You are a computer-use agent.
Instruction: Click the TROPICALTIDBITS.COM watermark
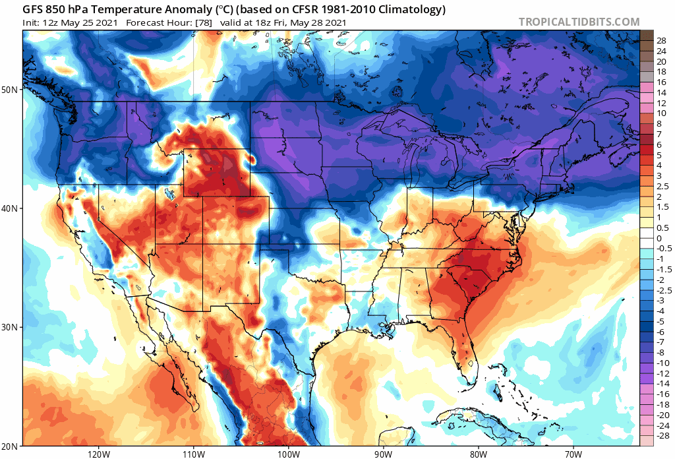[x=579, y=22]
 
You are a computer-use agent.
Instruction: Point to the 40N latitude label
[x=11, y=208]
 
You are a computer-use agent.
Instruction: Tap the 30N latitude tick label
[x=11, y=327]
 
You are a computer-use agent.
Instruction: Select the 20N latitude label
[x=11, y=446]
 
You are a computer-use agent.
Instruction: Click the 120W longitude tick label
[x=98, y=454]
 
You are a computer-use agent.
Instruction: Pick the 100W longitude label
[x=288, y=454]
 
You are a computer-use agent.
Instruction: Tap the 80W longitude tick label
[x=479, y=454]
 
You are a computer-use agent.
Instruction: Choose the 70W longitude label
[x=573, y=454]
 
